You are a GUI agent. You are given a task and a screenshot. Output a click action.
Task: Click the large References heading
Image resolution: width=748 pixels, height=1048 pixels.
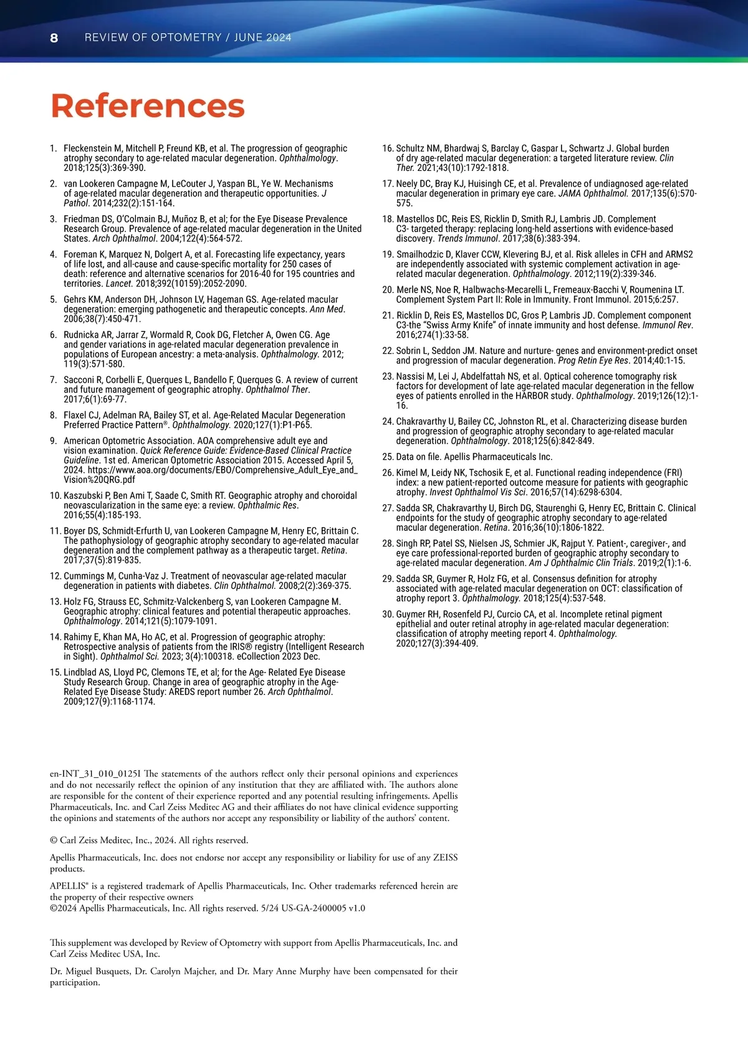point(147,105)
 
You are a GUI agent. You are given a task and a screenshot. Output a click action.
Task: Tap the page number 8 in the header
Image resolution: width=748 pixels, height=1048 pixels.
point(54,38)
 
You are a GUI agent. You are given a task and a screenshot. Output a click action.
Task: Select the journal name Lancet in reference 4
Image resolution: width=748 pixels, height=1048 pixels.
point(118,283)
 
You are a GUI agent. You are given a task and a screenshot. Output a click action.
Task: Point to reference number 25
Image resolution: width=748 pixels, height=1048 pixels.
point(388,457)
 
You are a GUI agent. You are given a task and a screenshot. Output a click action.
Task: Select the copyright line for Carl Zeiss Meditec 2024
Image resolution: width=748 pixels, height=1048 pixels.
point(149,840)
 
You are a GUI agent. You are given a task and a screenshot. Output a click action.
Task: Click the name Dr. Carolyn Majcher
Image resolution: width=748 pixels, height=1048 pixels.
point(172,971)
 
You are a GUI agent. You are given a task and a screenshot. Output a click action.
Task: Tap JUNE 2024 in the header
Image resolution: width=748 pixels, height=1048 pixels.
point(263,37)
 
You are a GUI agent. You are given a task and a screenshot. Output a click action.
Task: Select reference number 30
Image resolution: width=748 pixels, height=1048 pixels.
point(388,614)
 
